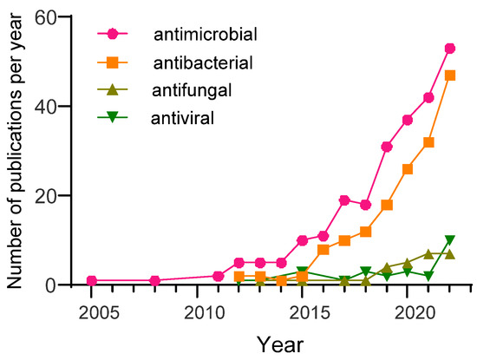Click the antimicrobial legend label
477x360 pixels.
pos(206,36)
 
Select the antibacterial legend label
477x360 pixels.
pos(203,63)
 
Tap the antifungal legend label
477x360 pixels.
pos(193,89)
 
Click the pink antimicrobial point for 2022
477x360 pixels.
pos(449,49)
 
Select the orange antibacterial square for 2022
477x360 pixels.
pos(449,75)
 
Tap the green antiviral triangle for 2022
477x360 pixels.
pos(449,240)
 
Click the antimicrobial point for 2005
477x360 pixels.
pos(92,280)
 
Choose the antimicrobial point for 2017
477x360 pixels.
pos(344,200)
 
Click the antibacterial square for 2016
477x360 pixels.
pos(323,249)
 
